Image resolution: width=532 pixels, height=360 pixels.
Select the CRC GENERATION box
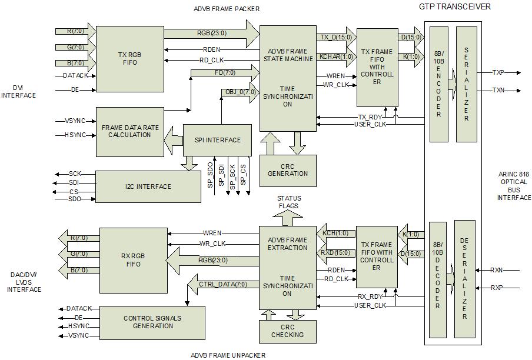pos(288,170)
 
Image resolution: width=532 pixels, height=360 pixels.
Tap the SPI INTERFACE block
pos(218,140)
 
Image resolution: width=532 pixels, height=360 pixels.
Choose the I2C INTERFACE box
pos(148,186)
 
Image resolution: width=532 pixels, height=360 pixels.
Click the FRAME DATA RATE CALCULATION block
pos(130,131)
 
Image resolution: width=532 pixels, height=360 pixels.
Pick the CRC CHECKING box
pos(288,331)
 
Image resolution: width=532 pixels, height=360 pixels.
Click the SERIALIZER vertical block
pos(466,84)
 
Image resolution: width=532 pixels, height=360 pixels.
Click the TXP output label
pos(498,73)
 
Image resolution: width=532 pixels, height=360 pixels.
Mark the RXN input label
pos(497,271)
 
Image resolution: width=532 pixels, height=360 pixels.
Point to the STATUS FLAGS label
pos(288,202)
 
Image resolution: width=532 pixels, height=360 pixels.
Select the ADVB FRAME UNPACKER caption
pos(228,355)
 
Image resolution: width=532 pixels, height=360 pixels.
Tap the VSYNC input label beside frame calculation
pos(75,121)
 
